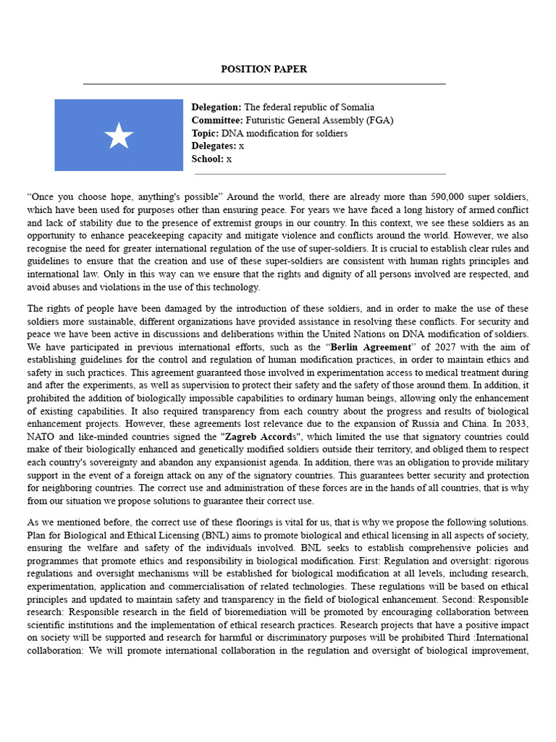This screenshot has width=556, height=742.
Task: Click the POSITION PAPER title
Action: point(264,70)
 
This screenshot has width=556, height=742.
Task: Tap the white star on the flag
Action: point(119,136)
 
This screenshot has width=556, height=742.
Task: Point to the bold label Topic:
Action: point(205,133)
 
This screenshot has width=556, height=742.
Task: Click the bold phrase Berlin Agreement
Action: point(368,346)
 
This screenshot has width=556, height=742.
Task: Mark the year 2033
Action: point(515,425)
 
